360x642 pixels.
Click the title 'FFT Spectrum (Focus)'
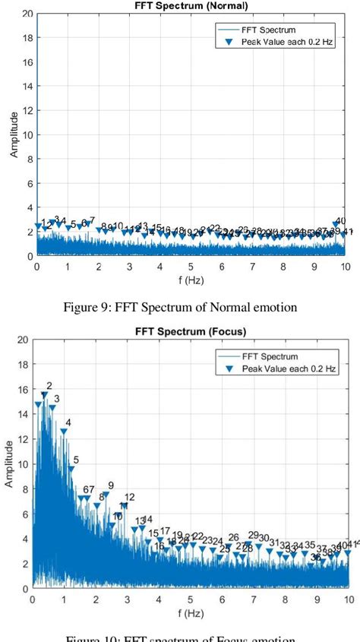coord(191,331)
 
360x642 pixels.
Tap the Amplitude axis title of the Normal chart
coord(14,134)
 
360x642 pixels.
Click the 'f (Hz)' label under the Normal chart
coord(191,280)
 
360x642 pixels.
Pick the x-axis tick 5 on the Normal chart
coord(191,267)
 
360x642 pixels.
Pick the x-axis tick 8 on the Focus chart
coord(284,599)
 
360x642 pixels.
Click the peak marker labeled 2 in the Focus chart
coord(44,395)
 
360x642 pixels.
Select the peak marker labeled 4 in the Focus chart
coord(64,432)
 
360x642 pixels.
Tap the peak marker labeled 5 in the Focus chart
coord(71,469)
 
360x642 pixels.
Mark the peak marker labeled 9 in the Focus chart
coord(106,495)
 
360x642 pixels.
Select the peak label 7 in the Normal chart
coord(92,220)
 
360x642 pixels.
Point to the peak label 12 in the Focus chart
coord(130,497)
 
